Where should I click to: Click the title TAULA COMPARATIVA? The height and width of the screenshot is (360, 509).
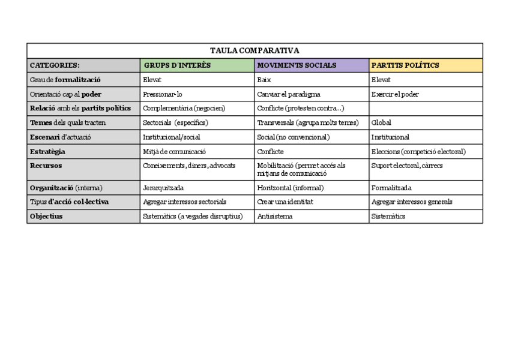coord(254,50)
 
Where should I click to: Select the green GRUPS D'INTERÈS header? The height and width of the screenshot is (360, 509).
coord(177,65)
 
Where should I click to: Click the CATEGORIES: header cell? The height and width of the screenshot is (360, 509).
coord(55,65)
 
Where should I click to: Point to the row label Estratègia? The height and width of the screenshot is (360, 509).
coord(47,152)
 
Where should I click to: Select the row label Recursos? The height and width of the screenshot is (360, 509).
coord(46,166)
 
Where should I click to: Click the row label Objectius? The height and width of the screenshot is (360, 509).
coord(46,216)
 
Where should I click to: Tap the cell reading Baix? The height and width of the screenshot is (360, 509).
coord(264,80)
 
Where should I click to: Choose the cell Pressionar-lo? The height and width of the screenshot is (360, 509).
coord(162,94)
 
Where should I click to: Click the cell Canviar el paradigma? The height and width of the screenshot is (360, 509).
coord(288,94)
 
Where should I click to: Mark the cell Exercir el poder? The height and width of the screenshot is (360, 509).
coord(395,94)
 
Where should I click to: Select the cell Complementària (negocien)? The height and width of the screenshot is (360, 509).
coord(179,109)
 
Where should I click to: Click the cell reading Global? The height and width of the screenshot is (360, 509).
coord(381,123)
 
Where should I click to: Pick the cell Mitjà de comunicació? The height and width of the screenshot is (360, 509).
coord(174,152)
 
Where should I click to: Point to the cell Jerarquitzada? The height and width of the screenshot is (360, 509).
coord(163,188)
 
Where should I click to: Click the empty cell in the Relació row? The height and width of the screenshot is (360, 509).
coord(426,109)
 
